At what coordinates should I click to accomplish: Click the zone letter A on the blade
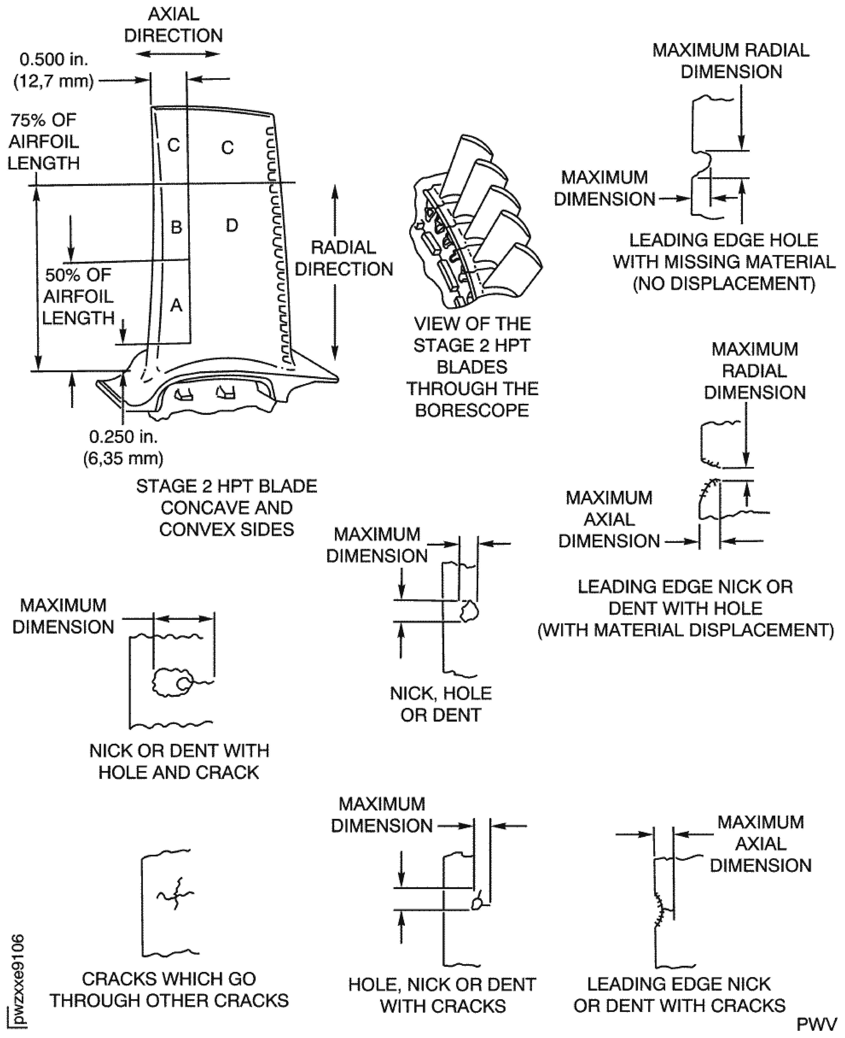176,305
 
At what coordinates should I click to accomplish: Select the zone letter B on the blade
176,227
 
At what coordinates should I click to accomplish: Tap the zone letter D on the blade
232,225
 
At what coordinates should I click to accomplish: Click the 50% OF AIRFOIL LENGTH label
78,296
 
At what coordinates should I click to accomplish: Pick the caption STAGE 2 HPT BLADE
226,486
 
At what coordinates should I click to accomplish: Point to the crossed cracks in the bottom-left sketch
175,894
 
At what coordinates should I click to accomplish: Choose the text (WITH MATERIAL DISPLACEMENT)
685,630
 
